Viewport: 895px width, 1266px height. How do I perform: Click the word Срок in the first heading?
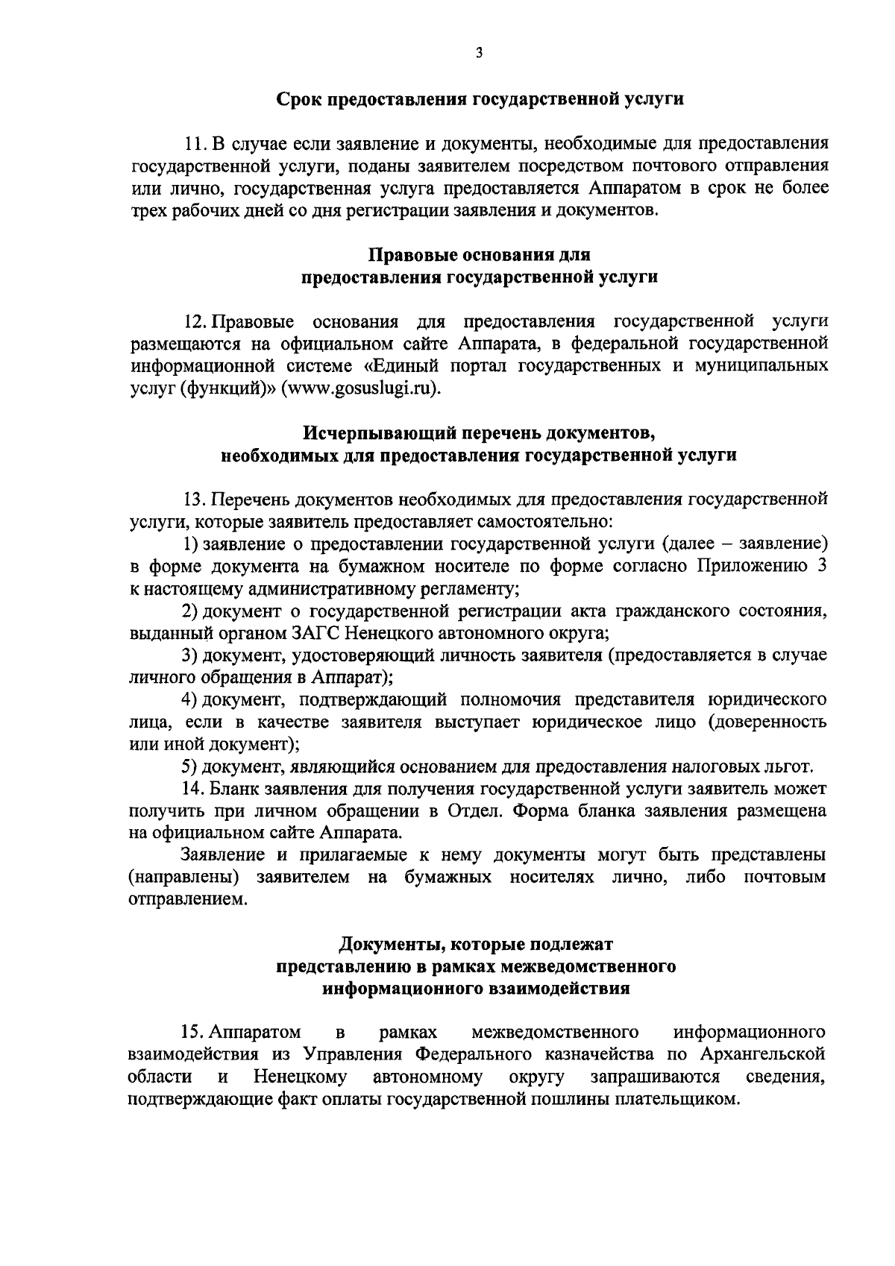(296, 98)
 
